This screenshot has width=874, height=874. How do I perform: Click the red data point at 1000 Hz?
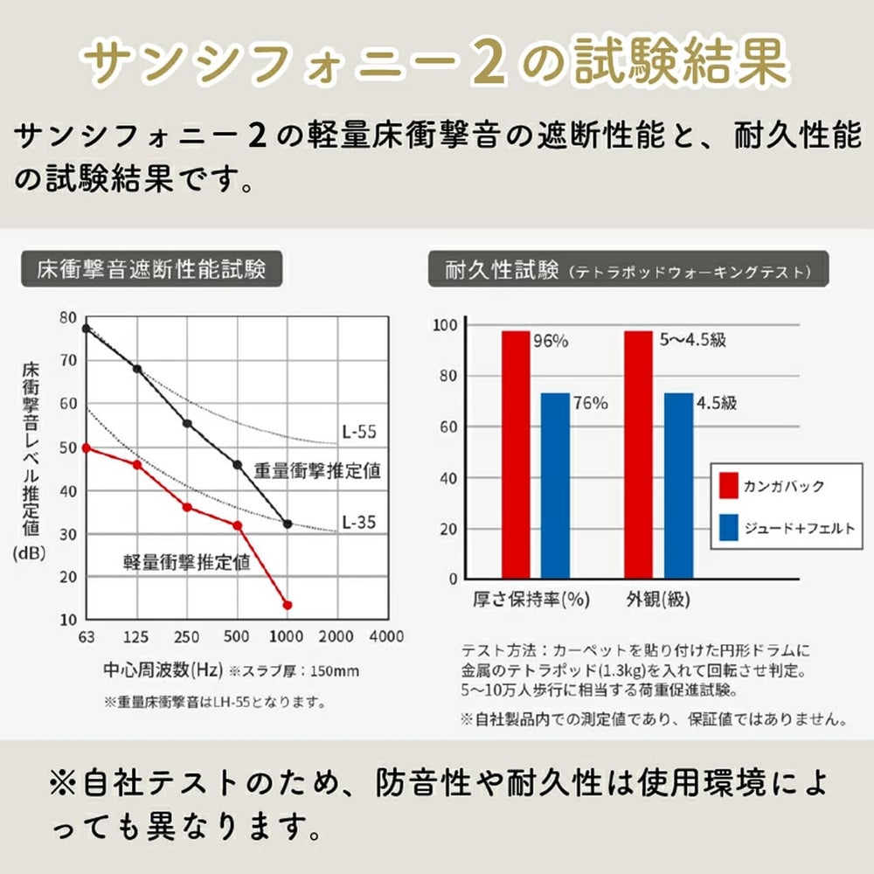click(x=288, y=605)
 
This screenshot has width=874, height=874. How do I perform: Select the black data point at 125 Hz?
click(x=137, y=369)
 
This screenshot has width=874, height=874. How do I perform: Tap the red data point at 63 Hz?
click(x=86, y=447)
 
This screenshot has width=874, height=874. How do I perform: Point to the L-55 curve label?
click(x=358, y=432)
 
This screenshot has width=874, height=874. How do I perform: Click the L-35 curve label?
click(x=358, y=523)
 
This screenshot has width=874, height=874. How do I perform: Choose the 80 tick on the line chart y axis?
click(x=67, y=317)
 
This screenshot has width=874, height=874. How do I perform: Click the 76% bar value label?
click(x=590, y=403)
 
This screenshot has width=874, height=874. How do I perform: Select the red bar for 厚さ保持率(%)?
click(x=516, y=454)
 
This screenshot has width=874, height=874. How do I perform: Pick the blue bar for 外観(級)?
click(x=678, y=486)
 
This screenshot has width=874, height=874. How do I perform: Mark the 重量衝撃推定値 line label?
click(x=317, y=470)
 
